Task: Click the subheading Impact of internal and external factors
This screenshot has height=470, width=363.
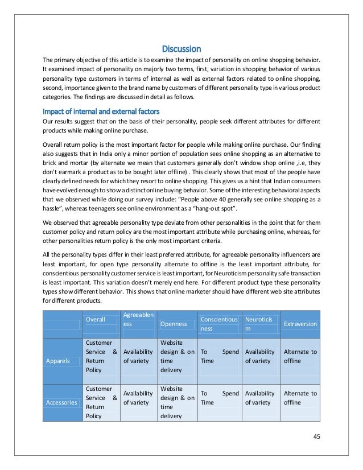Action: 101,110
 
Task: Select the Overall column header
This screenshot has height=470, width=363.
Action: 95,319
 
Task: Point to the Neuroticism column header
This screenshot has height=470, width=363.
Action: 260,324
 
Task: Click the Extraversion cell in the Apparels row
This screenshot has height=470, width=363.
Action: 300,356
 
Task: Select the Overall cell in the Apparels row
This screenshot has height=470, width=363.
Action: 101,356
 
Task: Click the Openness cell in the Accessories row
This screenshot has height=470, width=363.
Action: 178,402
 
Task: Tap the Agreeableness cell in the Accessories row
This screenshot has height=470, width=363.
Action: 137,397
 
